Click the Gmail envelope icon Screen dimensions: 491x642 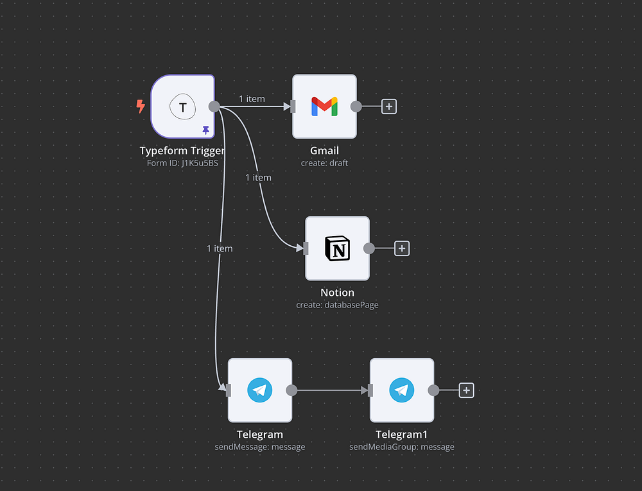click(324, 107)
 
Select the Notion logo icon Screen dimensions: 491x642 click(337, 248)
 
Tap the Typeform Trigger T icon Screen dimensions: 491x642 click(182, 107)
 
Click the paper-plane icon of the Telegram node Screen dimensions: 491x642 click(260, 390)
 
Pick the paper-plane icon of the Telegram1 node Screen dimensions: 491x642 click(402, 390)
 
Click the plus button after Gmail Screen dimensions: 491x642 click(389, 107)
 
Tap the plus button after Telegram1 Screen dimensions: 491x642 click(467, 390)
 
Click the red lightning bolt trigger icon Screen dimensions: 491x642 click(141, 107)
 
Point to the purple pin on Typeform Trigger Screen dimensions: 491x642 click(205, 130)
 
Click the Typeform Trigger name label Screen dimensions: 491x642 click(182, 151)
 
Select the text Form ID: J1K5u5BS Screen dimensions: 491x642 click(182, 163)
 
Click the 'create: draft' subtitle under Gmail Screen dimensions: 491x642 click(324, 163)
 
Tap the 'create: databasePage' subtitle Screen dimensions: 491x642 click(337, 305)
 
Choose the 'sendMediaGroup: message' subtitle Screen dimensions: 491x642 click(402, 447)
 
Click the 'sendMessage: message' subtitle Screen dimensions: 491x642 click(260, 447)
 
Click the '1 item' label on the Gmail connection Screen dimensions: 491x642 click(252, 99)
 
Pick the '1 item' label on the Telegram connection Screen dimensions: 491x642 click(220, 248)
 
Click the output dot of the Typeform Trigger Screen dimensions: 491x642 click(214, 107)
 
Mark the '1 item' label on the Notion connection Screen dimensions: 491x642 click(258, 177)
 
